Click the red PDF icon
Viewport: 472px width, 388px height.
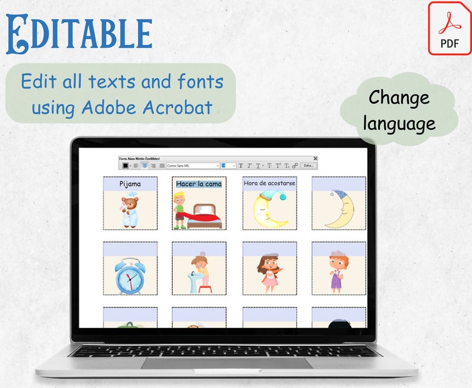pyautogui.click(x=449, y=28)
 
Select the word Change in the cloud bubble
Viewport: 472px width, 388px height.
pyautogui.click(x=399, y=98)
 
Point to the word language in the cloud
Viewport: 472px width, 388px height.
pyautogui.click(x=399, y=124)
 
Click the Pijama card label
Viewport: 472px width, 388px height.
pyautogui.click(x=130, y=184)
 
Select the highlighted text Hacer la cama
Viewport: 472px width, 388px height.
pyautogui.click(x=199, y=184)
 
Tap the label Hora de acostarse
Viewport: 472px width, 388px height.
pyautogui.click(x=269, y=183)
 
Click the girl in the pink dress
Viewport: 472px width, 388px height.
pyautogui.click(x=269, y=273)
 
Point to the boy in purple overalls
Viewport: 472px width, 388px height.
pyautogui.click(x=338, y=272)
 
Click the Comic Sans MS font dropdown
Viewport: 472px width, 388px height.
pyautogui.click(x=192, y=166)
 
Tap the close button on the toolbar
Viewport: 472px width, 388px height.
pyautogui.click(x=315, y=158)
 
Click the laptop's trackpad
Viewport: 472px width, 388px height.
pyautogui.click(x=226, y=363)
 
